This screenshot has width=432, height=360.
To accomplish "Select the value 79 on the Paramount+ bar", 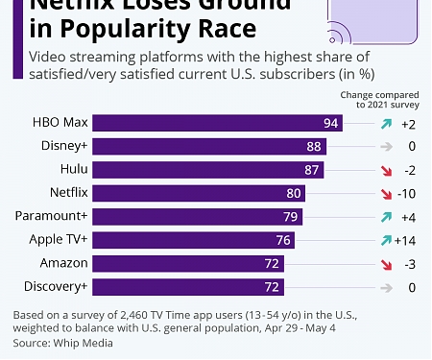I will tap(291, 216).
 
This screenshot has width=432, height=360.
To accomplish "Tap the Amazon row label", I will tap(64, 262).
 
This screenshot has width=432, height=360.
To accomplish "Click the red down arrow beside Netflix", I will tap(385, 193).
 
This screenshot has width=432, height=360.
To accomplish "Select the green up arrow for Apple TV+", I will tap(385, 239).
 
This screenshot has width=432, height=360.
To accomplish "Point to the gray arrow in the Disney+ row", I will tap(385, 147).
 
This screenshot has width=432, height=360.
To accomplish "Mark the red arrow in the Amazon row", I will tap(385, 262).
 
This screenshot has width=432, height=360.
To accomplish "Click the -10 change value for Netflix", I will tap(406, 193).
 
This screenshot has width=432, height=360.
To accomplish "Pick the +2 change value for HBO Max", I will tap(408, 124).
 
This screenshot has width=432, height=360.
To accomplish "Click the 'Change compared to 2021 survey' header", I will tap(379, 100).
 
